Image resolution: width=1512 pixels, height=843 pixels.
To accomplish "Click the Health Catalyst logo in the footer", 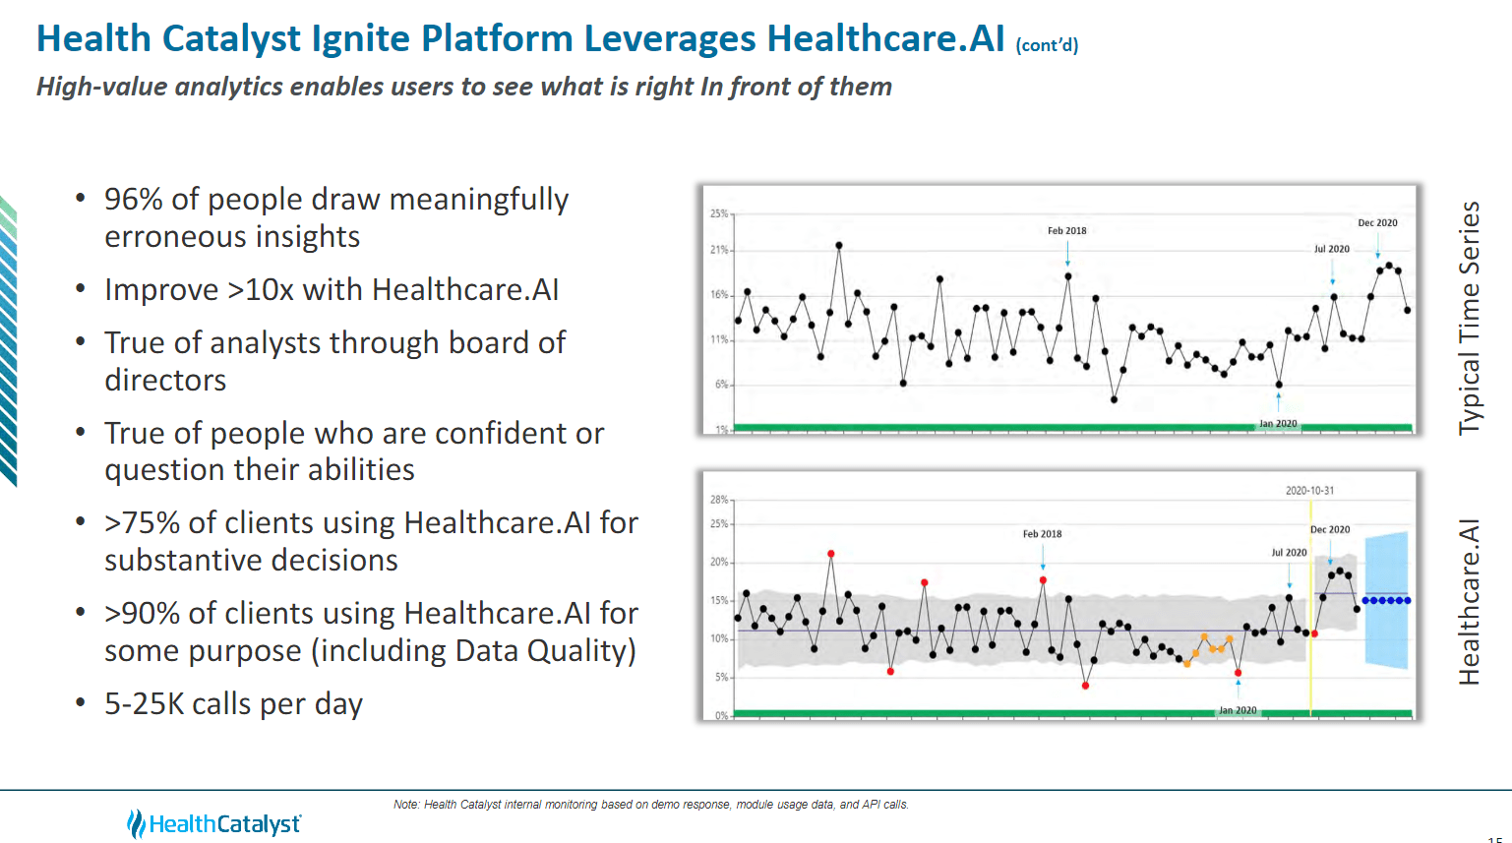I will pos(213,823).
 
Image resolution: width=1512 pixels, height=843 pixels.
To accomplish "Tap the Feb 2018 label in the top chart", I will pos(1066,231).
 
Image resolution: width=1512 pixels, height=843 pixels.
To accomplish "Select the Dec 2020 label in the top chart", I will pos(1377,223).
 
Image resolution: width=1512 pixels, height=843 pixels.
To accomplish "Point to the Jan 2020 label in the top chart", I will pos(1278,424).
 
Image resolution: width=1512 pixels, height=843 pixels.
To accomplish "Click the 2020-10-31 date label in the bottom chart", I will pos(1309,491).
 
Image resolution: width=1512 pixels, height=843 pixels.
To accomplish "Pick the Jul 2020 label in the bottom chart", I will pos(1289,553).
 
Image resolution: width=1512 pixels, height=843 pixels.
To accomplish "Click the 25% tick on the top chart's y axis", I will pos(719,213).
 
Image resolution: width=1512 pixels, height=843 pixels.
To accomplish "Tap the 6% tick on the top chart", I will pos(721,385).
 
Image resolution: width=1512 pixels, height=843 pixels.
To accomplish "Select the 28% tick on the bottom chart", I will pos(719,500).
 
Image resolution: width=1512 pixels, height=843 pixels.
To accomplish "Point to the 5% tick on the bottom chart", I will pos(721,678).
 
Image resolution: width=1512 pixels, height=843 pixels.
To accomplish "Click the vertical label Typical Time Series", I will pos(1469,318).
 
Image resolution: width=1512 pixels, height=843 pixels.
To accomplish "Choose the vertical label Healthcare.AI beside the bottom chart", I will pos(1469,602).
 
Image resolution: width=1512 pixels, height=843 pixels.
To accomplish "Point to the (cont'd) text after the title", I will pos(1047,45).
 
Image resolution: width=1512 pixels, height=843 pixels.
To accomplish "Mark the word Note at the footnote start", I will pos(405,805).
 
